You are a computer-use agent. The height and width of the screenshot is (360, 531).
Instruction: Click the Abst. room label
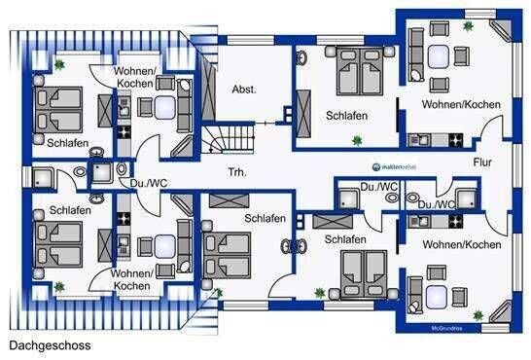click(x=243, y=89)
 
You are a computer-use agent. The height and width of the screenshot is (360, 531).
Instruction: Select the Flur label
click(x=483, y=162)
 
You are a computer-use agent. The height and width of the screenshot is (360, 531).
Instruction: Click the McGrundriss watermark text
click(x=450, y=328)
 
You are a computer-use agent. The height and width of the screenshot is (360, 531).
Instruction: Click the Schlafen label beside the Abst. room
click(x=346, y=116)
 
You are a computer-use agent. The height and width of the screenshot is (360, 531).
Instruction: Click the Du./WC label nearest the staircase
click(x=136, y=181)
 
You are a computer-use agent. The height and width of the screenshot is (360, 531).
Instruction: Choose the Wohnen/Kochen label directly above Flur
click(x=461, y=103)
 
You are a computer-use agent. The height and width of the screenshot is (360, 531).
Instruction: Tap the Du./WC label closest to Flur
click(x=437, y=204)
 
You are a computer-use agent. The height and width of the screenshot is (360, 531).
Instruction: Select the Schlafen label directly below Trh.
click(x=265, y=218)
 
